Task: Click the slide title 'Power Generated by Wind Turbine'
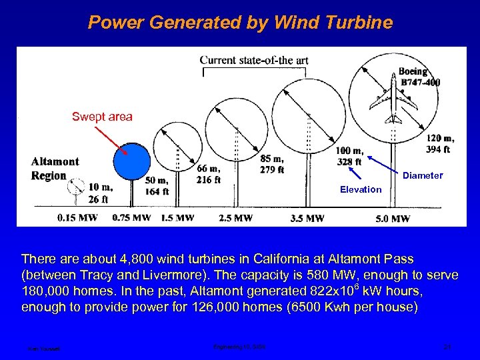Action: tap(240, 23)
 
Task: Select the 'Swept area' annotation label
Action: tap(102, 117)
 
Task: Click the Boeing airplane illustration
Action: tap(395, 100)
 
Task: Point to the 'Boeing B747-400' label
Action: tap(419, 77)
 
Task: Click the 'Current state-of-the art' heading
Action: tap(254, 60)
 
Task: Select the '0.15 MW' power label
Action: tap(77, 218)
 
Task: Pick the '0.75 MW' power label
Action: tap(131, 218)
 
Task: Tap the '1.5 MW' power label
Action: tap(177, 218)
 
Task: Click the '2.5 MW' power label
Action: tap(235, 218)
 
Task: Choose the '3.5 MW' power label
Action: tap(307, 218)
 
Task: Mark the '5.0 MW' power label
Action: tap(392, 218)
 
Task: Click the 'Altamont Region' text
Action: tap(55, 169)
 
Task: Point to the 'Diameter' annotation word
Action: tap(423, 175)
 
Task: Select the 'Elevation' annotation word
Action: tap(361, 189)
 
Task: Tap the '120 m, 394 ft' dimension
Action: tap(440, 143)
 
